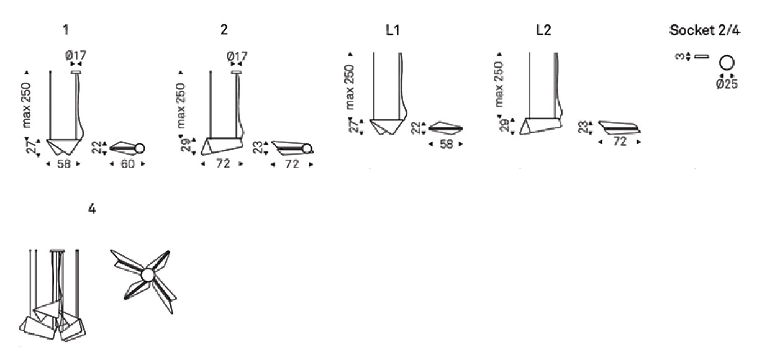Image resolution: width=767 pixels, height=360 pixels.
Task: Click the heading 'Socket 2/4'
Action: [x=705, y=30]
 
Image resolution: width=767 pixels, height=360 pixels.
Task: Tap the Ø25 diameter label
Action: [x=727, y=84]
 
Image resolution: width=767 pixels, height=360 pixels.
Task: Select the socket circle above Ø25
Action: [x=727, y=63]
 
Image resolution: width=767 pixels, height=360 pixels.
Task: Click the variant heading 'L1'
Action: [x=393, y=30]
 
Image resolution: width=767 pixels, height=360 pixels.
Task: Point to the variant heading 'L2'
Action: [x=544, y=30]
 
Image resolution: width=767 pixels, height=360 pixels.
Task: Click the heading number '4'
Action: [x=92, y=209]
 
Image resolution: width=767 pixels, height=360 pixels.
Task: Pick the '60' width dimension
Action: [x=127, y=164]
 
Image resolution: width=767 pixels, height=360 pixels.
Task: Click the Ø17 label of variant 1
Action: [x=76, y=55]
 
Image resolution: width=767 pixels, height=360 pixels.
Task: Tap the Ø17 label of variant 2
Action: [x=237, y=56]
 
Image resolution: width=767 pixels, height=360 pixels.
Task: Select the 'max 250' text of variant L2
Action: [x=499, y=84]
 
